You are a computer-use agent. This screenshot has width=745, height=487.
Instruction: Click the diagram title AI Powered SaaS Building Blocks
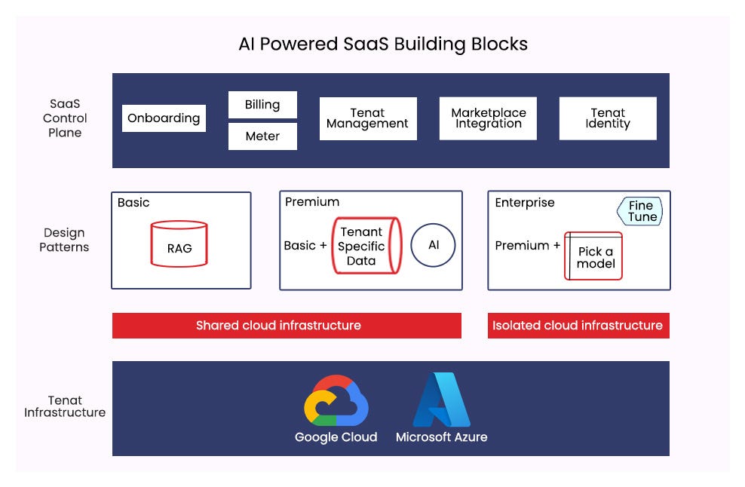pos(383,44)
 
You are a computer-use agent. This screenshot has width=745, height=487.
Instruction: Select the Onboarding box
pos(164,118)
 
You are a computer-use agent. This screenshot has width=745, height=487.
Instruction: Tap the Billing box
pos(262,105)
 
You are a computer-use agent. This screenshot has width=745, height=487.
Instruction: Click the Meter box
pos(262,136)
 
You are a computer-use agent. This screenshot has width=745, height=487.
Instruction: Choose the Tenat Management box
pos(368,118)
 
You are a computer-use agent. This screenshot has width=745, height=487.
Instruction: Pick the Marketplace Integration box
pos(488,118)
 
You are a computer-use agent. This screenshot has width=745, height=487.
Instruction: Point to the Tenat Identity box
pos(607,118)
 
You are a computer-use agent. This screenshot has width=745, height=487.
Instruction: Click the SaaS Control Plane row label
pos(65,118)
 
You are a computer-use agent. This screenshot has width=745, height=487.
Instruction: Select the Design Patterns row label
pos(64,240)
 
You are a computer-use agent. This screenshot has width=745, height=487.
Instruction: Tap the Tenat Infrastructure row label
pos(65,406)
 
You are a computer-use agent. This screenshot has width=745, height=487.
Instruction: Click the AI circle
pos(434,246)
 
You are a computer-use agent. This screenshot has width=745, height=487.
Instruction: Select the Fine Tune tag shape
pos(641,211)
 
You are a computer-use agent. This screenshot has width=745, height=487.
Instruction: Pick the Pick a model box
pos(595,256)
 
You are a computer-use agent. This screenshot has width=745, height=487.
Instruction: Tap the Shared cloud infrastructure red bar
pos(287,326)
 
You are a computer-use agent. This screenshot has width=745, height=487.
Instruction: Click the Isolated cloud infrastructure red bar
pos(578,326)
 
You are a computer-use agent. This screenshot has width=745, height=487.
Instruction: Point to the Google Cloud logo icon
pos(336,400)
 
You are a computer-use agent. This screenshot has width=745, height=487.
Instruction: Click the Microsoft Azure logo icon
pos(441,400)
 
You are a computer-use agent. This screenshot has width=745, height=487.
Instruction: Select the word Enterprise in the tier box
pos(524,203)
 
